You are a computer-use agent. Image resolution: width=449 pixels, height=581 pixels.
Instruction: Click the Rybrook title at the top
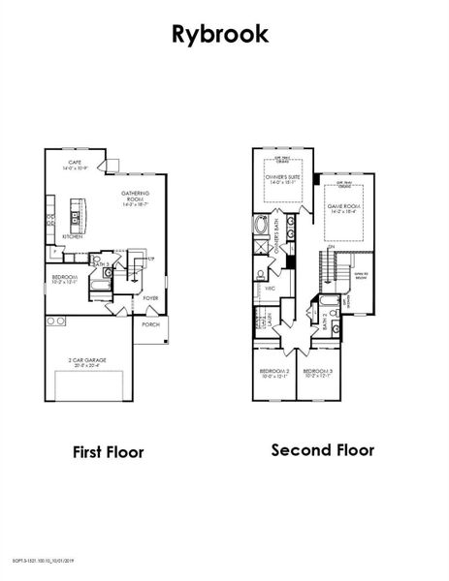click(x=221, y=34)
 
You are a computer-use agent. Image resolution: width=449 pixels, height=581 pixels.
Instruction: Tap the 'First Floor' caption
click(x=109, y=451)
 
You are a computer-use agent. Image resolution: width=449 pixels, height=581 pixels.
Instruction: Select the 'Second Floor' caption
click(x=322, y=449)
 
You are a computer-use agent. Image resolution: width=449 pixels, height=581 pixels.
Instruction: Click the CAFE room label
click(x=75, y=165)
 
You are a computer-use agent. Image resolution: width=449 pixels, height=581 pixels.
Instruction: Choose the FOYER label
click(x=150, y=298)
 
